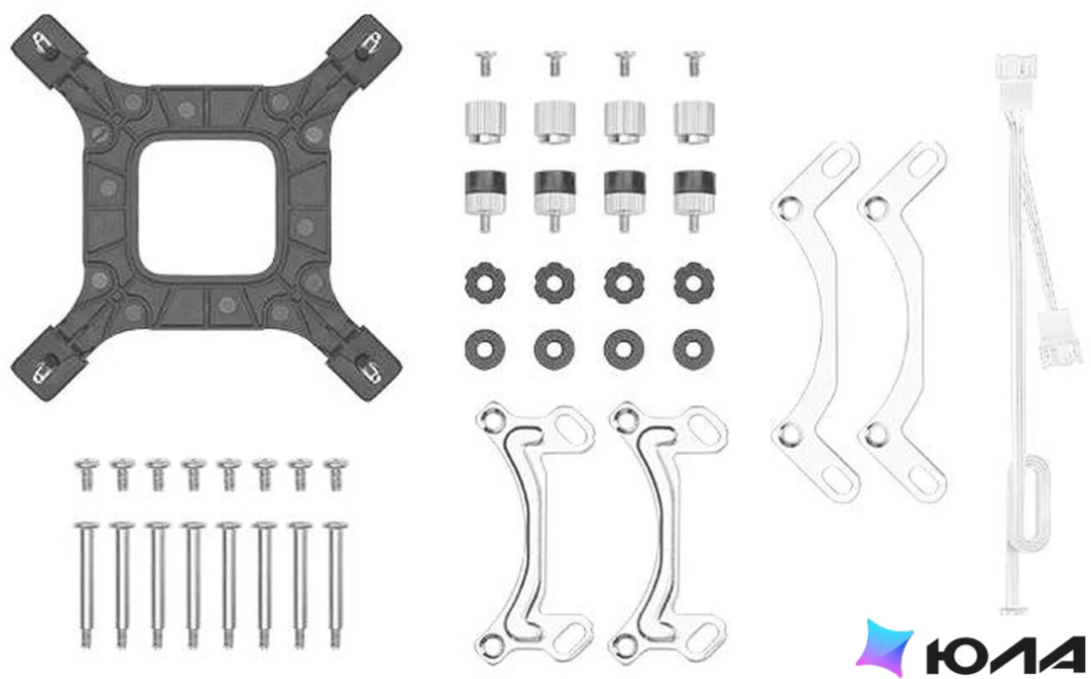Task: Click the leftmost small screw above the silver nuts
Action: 485,63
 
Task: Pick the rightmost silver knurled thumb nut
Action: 693,122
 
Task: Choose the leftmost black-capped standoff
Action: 485,199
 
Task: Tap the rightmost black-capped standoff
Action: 693,199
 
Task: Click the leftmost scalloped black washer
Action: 485,283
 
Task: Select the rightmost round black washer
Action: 693,349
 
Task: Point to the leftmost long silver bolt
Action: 86,585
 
